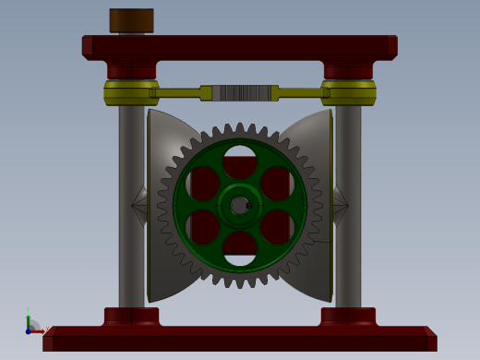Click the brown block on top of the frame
(x=131, y=20)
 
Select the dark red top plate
(x=239, y=47)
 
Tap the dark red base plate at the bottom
(x=239, y=341)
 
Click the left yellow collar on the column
(x=130, y=92)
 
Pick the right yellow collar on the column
(x=348, y=92)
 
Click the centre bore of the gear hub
(x=239, y=205)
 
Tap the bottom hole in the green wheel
(x=240, y=247)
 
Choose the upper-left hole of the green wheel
(x=203, y=183)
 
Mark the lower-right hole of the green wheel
(x=277, y=226)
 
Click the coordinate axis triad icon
(x=33, y=325)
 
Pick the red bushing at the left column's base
(x=131, y=316)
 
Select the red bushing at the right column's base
(x=348, y=316)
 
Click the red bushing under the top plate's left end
(x=131, y=70)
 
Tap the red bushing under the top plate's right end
(x=348, y=70)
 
